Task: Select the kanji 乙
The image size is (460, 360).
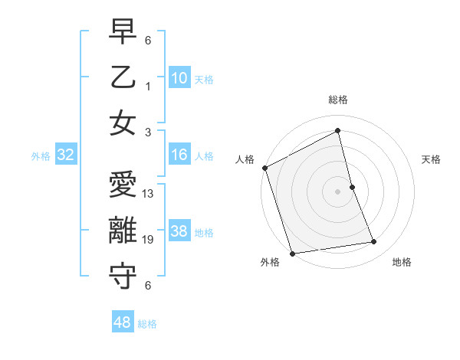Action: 123,79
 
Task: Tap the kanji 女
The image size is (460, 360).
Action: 123,123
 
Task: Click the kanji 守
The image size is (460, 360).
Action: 123,277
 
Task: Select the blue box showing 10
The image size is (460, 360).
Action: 179,78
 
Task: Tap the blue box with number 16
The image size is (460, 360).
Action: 179,155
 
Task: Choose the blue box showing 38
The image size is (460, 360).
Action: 179,231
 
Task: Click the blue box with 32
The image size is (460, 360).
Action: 66,155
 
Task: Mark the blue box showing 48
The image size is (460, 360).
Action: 123,322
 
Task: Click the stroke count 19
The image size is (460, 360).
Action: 149,240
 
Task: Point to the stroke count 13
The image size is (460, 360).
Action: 149,194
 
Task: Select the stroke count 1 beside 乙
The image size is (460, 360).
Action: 148,86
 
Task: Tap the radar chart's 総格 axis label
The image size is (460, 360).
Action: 338,100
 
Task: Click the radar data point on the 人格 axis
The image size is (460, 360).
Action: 264,168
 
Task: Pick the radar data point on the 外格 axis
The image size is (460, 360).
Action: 292,253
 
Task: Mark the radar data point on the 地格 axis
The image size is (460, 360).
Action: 374,242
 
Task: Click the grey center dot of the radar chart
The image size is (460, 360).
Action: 337,191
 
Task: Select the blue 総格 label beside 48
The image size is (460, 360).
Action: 147,324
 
